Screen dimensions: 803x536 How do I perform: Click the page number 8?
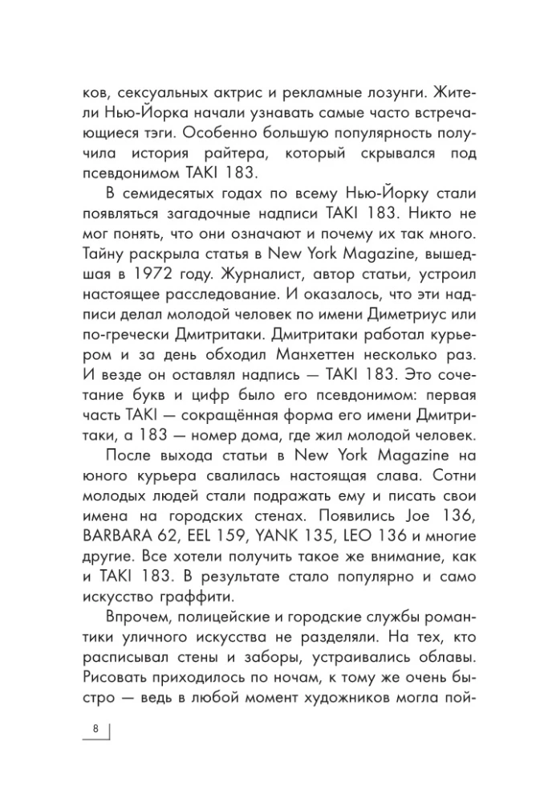coord(96,728)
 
